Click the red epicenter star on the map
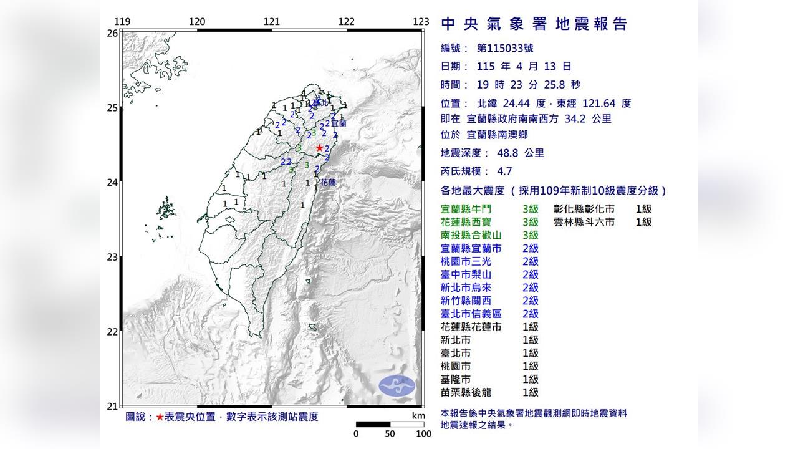click(319, 148)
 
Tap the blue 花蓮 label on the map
click(328, 183)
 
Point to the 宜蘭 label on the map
click(338, 123)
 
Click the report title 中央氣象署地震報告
click(534, 24)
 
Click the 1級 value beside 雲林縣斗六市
click(643, 222)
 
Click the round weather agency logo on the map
click(397, 386)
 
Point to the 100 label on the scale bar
click(423, 434)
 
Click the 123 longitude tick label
click(421, 22)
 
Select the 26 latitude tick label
click(112, 33)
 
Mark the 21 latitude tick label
click(112, 407)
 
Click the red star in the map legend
click(160, 417)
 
